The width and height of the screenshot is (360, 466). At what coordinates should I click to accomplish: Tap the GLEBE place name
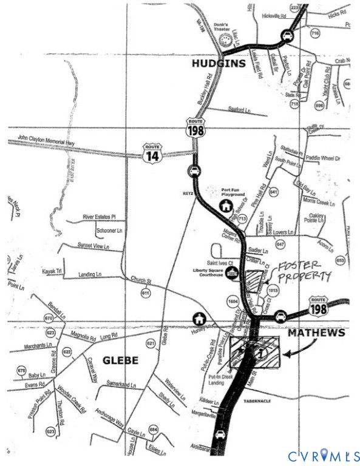(120, 360)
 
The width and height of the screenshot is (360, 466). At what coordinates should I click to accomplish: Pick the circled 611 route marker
(146, 293)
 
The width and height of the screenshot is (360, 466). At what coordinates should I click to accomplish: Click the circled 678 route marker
(22, 371)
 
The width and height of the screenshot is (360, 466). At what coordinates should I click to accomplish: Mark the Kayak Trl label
(52, 271)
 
